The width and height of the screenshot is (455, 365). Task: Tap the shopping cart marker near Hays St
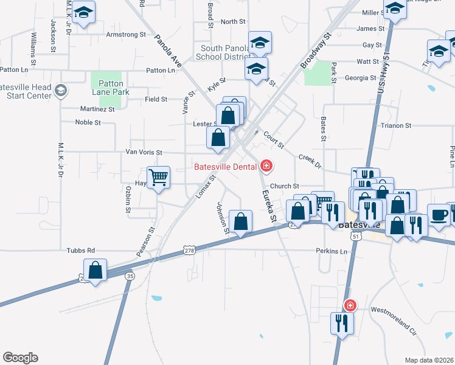click(x=158, y=178)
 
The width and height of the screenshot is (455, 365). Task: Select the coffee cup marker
click(x=439, y=215)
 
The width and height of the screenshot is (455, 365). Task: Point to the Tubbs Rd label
click(x=82, y=250)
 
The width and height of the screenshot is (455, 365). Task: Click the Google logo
click(x=20, y=358)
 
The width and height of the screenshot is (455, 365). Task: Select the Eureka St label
click(x=269, y=206)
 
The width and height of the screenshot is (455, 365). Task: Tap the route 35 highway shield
click(x=130, y=276)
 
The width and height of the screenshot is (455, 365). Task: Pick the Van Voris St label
click(x=144, y=152)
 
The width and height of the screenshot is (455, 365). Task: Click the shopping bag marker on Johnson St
click(x=241, y=221)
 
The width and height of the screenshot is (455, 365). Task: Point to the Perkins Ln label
click(x=331, y=251)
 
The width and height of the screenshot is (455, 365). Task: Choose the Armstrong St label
click(x=122, y=35)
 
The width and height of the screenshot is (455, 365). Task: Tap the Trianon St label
click(x=396, y=126)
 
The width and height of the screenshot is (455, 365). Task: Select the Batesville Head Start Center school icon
click(x=60, y=91)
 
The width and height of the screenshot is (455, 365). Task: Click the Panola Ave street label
click(x=168, y=49)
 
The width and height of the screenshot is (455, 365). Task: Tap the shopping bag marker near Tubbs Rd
click(x=96, y=269)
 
